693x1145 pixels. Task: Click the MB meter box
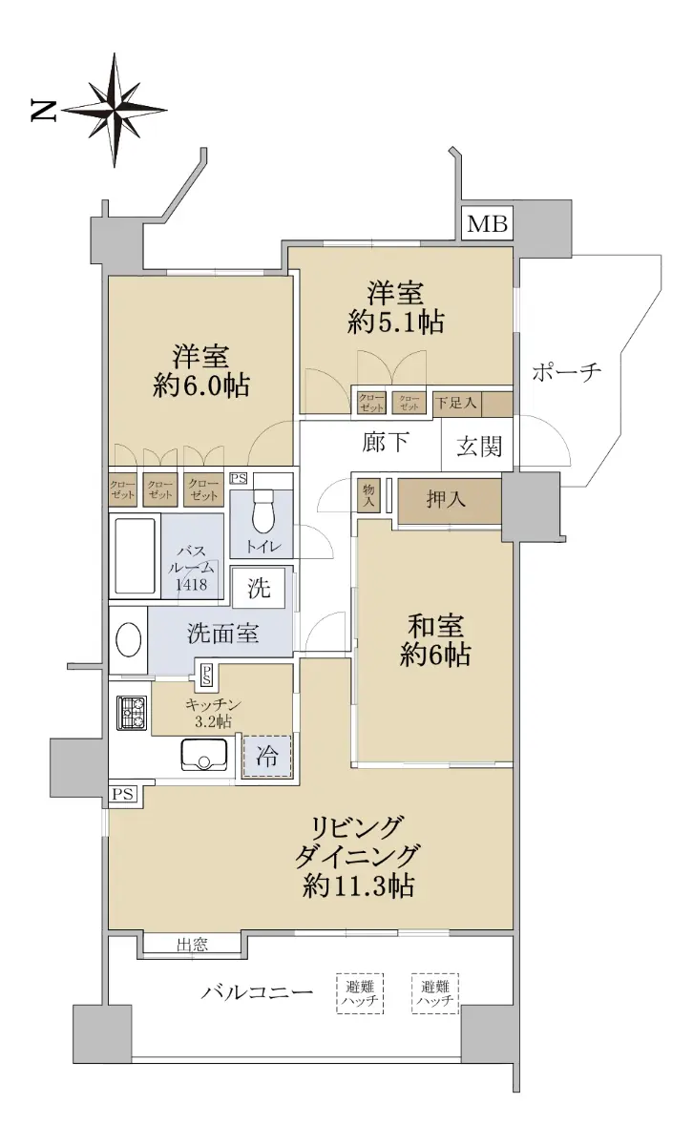pos(487,224)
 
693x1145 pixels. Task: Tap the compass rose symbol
pos(114,110)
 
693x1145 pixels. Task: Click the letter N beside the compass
pos(44,111)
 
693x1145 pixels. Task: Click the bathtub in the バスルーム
pos(135,556)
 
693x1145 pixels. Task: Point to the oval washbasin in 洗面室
pos(128,640)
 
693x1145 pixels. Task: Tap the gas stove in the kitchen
pos(132,713)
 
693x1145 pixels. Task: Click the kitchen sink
pos(204,754)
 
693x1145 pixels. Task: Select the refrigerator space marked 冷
pos(266,757)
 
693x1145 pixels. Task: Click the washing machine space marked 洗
pos(259,588)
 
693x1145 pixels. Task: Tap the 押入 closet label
pos(446,499)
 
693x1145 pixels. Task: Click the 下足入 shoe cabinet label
pos(456,404)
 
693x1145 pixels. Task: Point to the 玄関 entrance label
pos(479,447)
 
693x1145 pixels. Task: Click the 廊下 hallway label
pos(385,442)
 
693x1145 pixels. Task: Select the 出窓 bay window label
pos(192,946)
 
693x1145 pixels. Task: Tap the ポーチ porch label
pos(566,371)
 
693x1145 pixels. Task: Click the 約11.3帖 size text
pos(358,885)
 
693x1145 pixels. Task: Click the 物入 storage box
pos(368,496)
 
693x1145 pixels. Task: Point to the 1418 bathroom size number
pos(191,584)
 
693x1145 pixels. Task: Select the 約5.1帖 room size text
pos(395,323)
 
